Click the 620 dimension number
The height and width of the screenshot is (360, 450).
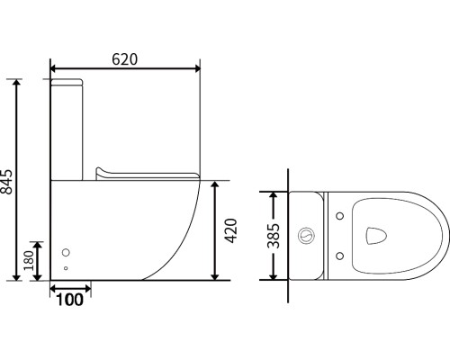coord(125,59)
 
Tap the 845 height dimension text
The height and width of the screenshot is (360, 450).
coord(6,182)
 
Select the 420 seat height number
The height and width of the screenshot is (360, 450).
coord(230,230)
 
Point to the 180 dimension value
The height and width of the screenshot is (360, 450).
coord(29,261)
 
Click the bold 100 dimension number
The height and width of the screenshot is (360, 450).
coord(69,300)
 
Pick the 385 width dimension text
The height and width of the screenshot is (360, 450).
coord(274,236)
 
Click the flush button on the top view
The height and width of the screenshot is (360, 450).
coord(306,236)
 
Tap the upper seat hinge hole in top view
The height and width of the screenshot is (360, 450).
coord(340,216)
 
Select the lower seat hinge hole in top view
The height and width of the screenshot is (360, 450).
coord(340,256)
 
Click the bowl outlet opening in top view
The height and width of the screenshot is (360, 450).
coord(376,236)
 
